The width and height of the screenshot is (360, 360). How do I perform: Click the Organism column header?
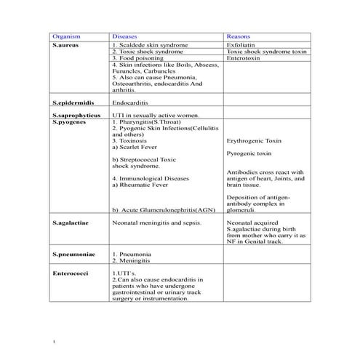(66, 36)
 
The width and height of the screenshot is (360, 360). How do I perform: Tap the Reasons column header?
(239, 36)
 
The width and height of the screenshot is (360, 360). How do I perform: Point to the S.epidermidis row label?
(73, 103)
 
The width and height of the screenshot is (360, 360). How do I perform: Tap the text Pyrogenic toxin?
(249, 154)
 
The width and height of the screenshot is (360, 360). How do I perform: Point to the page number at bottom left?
(55, 340)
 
